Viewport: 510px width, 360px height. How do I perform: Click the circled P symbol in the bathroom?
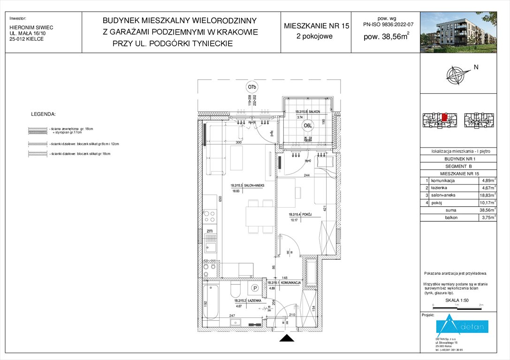255,288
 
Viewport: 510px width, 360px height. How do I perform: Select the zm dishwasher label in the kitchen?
209,232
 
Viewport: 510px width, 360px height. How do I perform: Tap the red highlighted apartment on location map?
444,117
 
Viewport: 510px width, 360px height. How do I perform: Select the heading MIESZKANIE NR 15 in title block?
317,26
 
